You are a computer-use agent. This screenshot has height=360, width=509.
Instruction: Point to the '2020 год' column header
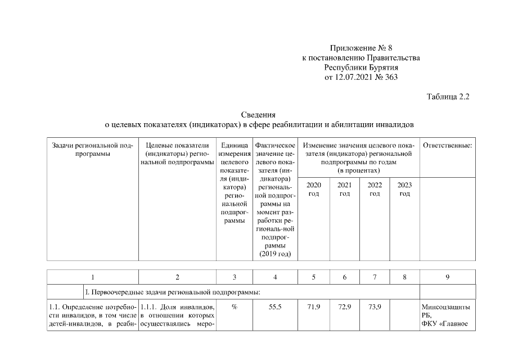coord(314,189)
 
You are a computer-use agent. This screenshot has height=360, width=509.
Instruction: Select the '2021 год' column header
coord(344,189)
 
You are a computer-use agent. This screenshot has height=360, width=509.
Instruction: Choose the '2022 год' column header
coord(374,189)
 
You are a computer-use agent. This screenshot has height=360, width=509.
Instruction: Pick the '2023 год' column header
coord(404,189)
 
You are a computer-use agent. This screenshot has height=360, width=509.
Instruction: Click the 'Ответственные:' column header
coord(447,146)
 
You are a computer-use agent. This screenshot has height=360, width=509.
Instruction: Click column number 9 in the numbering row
coord(447,277)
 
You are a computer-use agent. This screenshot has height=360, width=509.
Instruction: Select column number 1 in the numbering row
coord(92,277)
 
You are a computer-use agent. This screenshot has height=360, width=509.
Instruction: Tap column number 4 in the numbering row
coord(275,277)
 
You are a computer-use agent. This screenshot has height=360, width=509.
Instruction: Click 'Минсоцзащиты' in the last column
coord(446,307)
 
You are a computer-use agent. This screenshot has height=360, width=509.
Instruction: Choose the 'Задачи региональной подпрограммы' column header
coord(92,149)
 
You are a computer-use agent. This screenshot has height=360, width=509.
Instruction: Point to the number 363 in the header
coord(390,77)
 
